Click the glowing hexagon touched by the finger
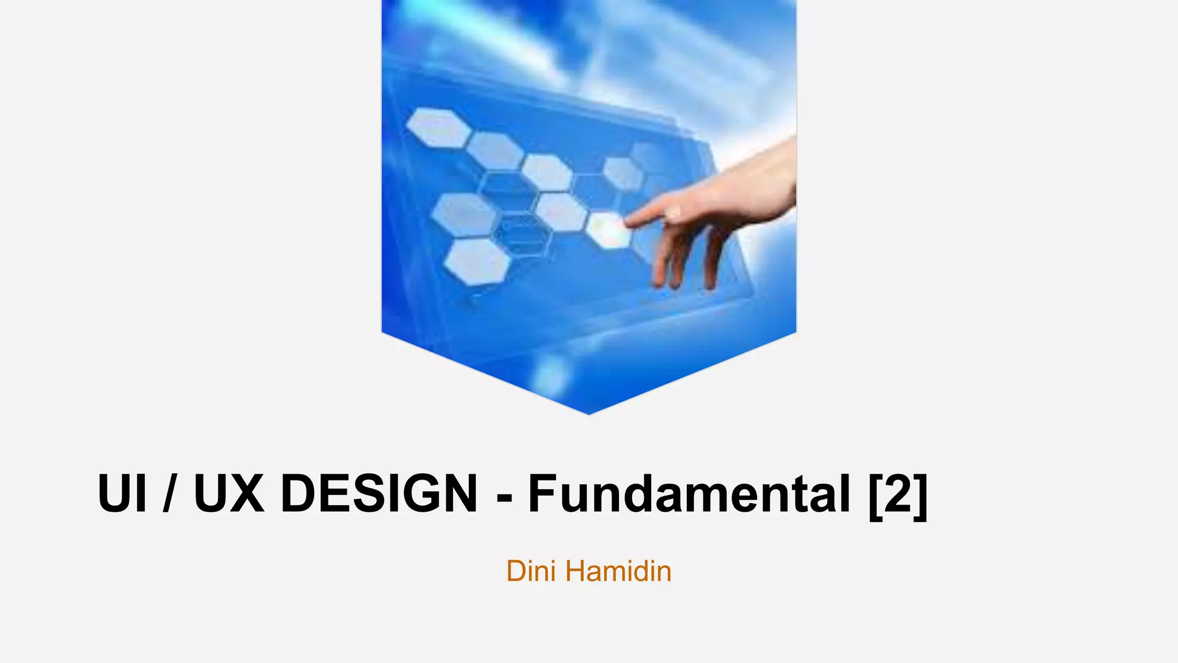tap(609, 230)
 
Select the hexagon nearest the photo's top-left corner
tap(438, 128)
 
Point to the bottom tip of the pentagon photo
tap(588, 412)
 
